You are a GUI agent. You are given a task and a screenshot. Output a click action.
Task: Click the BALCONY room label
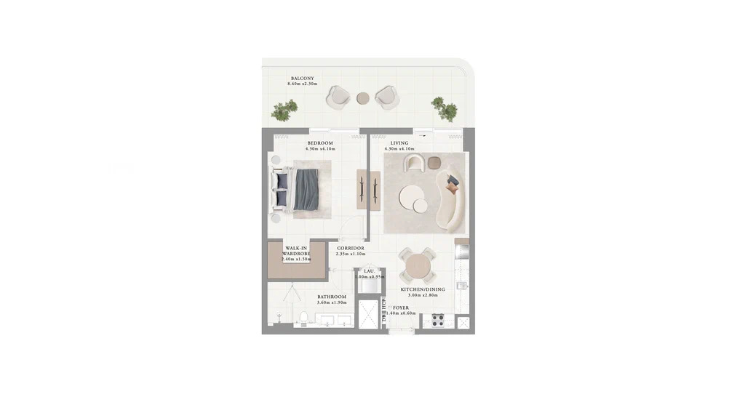pyautogui.click(x=302, y=79)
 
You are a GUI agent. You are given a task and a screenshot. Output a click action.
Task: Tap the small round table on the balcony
pyautogui.click(x=363, y=98)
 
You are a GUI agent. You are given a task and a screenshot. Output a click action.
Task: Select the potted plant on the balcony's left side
pyautogui.click(x=284, y=110)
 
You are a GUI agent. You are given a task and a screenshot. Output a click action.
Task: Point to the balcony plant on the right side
pyautogui.click(x=445, y=108)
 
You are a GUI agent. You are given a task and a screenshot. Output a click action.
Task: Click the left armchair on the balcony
pyautogui.click(x=338, y=97)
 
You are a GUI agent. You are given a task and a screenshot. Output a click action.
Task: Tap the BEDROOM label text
pyautogui.click(x=319, y=143)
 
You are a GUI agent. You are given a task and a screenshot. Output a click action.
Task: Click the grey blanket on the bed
pyautogui.click(x=306, y=189)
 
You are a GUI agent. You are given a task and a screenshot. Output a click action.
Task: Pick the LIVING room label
pyautogui.click(x=399, y=143)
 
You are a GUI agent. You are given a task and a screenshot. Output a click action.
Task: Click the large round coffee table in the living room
pyautogui.click(x=410, y=197)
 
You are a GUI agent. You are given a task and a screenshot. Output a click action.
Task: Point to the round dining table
pyautogui.click(x=418, y=266)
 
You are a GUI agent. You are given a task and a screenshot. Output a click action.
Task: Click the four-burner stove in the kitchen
pyautogui.click(x=438, y=320)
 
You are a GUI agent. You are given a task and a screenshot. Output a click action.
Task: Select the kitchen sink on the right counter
pyautogui.click(x=461, y=286)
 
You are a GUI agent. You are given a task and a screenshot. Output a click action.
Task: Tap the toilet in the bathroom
pyautogui.click(x=303, y=317)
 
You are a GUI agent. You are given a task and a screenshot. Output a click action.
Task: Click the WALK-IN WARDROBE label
pyautogui.click(x=296, y=251)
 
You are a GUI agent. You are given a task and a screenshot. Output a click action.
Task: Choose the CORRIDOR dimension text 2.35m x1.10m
pyautogui.click(x=350, y=254)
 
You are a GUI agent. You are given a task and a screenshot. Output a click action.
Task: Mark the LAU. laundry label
pyautogui.click(x=369, y=271)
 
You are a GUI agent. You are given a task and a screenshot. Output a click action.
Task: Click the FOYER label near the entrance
pyautogui.click(x=401, y=308)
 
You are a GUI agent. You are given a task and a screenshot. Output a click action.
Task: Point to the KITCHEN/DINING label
pyautogui.click(x=423, y=289)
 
